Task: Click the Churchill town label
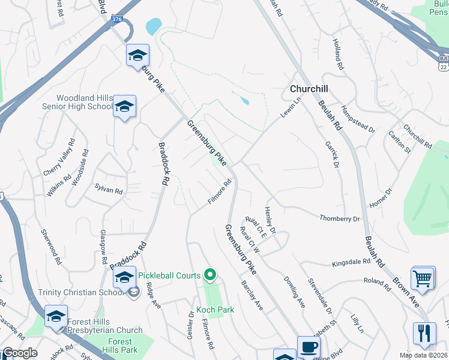pos(309,89)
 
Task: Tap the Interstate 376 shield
pos(118,20)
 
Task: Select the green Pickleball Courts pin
pos(210,275)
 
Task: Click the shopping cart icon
pos(423,278)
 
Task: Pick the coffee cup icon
pos(309,347)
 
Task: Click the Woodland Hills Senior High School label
pos(84,102)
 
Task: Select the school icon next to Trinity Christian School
pos(124,278)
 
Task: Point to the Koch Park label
pos(215,310)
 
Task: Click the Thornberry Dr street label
pos(339,218)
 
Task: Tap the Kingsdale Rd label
pos(351,263)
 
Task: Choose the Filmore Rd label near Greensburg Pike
pos(220,191)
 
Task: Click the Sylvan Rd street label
pos(109,187)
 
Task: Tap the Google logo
pos(19,353)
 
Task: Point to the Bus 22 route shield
pos(442,62)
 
